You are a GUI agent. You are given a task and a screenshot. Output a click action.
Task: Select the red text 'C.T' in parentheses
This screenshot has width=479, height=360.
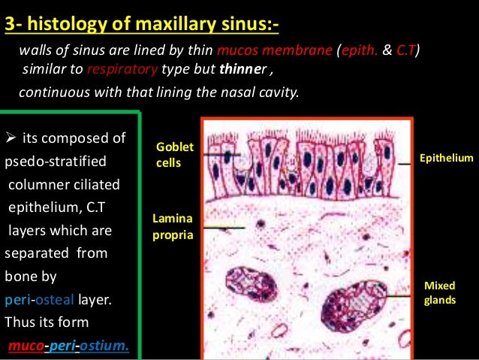[406, 50]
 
